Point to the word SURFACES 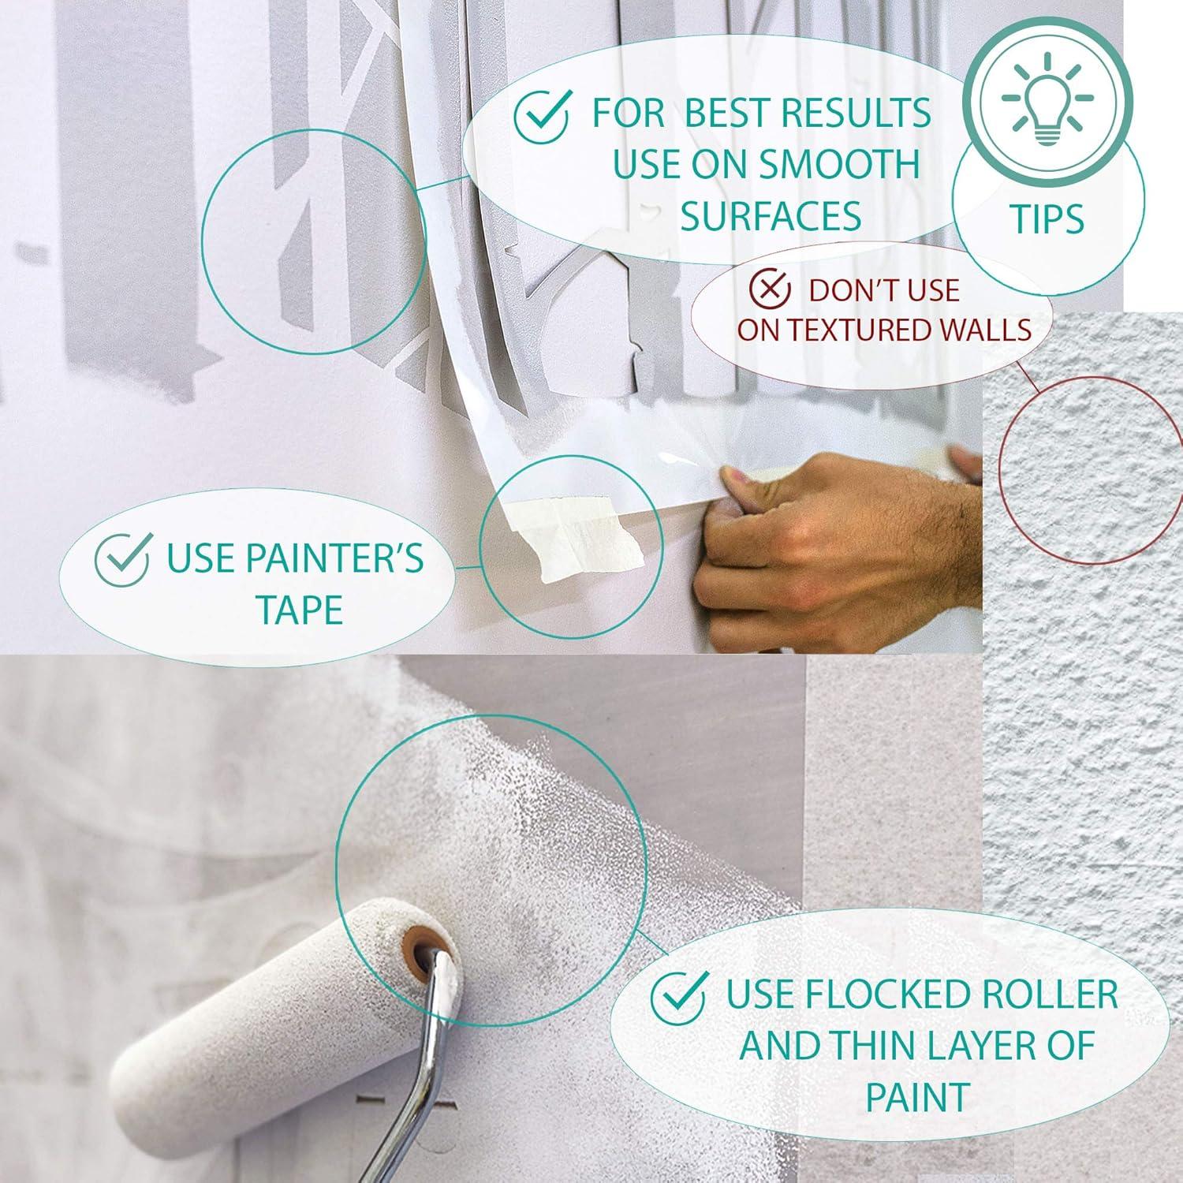click(771, 215)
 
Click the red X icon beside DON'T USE click(769, 289)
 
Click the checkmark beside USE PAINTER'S click(122, 558)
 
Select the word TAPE click(299, 610)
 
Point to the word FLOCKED click(878, 995)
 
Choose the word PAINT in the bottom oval click(917, 1097)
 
